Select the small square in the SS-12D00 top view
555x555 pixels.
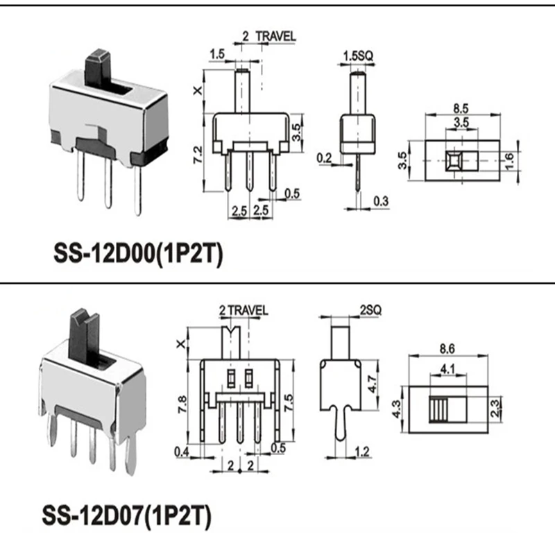click(453, 161)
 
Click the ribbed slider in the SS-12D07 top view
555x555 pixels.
click(438, 409)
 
